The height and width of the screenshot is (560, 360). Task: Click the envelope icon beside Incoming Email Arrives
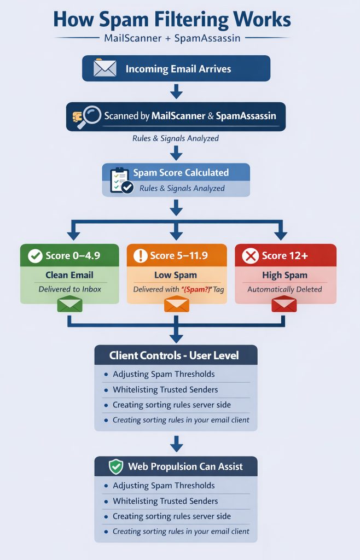tap(104, 68)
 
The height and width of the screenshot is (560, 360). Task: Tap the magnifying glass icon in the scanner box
tap(88, 116)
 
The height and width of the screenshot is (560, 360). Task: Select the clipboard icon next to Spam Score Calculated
tap(120, 180)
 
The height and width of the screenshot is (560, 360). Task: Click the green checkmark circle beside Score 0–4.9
tap(36, 255)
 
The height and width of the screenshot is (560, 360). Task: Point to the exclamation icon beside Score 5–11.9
tap(141, 255)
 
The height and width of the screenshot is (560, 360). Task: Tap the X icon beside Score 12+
tap(251, 255)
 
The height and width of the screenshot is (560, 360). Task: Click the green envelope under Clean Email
tap(69, 304)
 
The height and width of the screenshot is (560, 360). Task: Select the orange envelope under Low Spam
tap(176, 304)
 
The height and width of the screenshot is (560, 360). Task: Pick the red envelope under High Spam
tap(284, 304)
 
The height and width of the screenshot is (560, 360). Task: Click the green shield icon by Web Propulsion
tap(116, 466)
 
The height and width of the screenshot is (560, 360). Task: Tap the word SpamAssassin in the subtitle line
tap(208, 39)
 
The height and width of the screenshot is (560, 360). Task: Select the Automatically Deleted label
tap(284, 289)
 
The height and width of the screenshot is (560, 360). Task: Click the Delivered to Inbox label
tap(69, 289)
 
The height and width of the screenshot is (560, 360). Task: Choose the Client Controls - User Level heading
tap(174, 355)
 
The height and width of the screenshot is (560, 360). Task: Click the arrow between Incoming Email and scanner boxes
tap(176, 91)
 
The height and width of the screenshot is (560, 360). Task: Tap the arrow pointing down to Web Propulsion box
tap(176, 444)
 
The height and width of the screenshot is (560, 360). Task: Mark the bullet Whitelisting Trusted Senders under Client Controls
tap(165, 390)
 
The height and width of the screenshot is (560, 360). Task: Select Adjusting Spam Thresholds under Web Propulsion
tap(164, 486)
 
